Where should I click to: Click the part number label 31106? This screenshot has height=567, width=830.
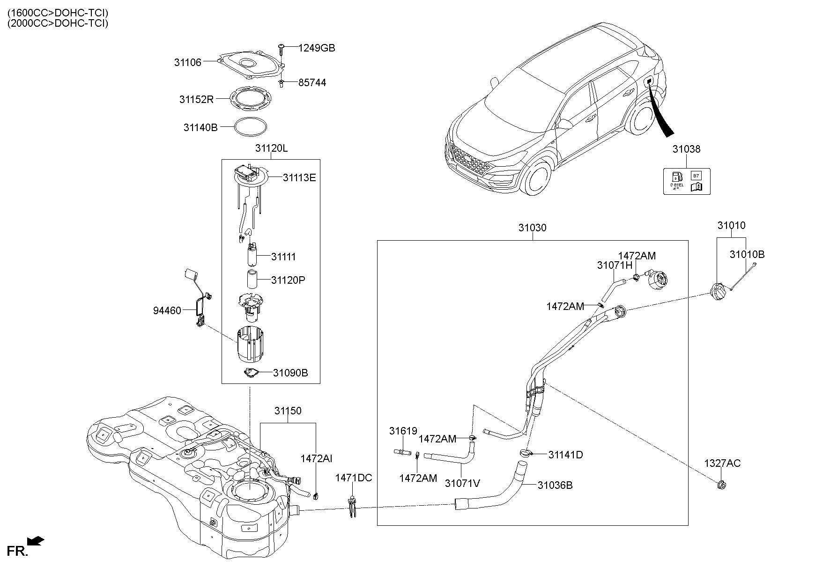click(187, 62)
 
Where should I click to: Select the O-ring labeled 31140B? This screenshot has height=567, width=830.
click(251, 127)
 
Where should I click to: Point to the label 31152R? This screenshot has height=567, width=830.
click(196, 99)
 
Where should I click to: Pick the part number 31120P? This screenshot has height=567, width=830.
click(288, 280)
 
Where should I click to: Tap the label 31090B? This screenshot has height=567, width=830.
click(290, 373)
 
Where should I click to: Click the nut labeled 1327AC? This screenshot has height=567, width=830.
click(722, 485)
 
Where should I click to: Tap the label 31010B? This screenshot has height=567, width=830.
click(747, 254)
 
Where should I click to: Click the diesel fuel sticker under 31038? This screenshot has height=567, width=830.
click(686, 181)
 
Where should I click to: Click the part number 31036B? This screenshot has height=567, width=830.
click(555, 485)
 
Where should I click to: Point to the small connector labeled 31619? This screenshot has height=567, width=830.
click(403, 452)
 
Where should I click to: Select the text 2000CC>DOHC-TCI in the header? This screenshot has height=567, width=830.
click(58, 23)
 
